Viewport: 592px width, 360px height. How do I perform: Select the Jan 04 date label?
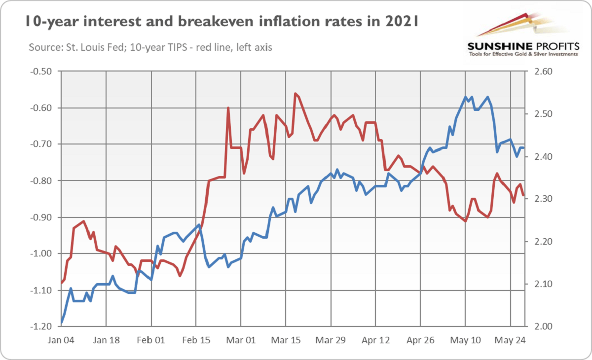[x=62, y=340]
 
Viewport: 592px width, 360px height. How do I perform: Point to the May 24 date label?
[x=510, y=340]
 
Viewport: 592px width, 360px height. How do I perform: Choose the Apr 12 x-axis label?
[x=375, y=340]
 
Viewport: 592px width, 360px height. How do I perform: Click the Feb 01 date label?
[x=151, y=340]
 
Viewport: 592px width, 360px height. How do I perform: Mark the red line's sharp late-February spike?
[x=228, y=108]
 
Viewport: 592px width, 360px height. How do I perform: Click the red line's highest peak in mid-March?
[x=295, y=93]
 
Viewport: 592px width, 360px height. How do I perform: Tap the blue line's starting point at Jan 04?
[x=62, y=323]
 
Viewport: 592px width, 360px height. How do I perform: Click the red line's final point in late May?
[x=523, y=196]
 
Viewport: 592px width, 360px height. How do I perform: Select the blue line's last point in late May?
[x=523, y=148]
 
